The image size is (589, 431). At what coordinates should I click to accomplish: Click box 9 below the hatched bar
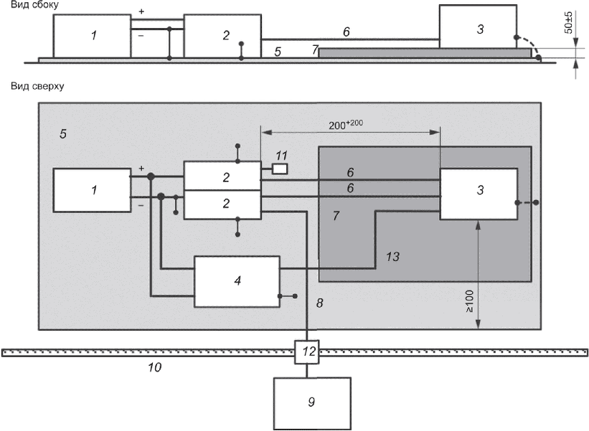pyautogui.click(x=312, y=402)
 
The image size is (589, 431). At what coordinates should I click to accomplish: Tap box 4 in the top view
pyautogui.click(x=237, y=282)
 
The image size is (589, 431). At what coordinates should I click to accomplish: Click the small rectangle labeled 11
pyautogui.click(x=280, y=169)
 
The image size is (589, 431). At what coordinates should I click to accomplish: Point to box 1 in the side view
pyautogui.click(x=93, y=35)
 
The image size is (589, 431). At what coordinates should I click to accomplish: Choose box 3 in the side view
pyautogui.click(x=479, y=29)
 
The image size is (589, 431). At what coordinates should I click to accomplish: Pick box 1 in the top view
pyautogui.click(x=92, y=189)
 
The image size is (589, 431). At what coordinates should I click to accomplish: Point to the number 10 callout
pyautogui.click(x=154, y=368)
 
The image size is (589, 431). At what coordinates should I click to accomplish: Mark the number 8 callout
pyautogui.click(x=320, y=304)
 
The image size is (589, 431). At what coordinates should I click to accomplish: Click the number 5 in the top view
pyautogui.click(x=63, y=133)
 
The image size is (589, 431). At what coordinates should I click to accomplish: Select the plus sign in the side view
pyautogui.click(x=141, y=12)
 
